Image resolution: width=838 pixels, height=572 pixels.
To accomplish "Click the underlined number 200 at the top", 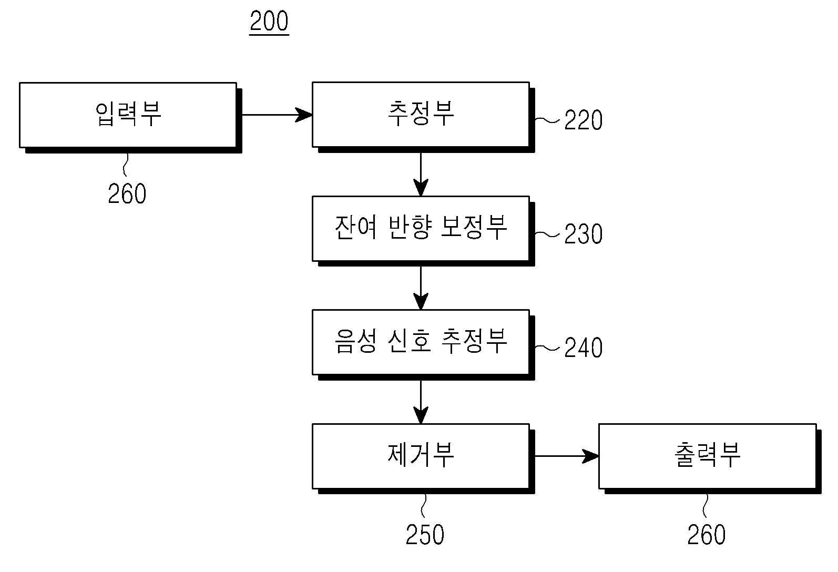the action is click(x=269, y=22).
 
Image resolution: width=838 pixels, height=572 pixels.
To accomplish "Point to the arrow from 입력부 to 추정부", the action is click(x=277, y=115).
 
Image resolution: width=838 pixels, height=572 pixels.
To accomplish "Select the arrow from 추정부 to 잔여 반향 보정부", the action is click(x=421, y=175).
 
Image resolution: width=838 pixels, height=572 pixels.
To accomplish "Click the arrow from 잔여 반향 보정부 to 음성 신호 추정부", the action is click(x=421, y=288).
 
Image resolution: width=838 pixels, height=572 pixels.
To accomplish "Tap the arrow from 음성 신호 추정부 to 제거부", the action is click(x=421, y=402).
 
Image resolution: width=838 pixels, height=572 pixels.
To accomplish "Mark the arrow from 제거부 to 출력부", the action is click(x=567, y=456).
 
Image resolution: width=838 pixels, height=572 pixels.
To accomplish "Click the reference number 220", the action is click(x=583, y=120).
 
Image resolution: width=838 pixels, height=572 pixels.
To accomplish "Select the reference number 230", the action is click(x=583, y=234).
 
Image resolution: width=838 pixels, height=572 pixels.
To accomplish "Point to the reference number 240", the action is click(x=583, y=348).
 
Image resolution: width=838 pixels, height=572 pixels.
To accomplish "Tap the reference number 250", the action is click(x=425, y=535).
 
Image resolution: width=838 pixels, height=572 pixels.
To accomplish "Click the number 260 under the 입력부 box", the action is click(x=127, y=194).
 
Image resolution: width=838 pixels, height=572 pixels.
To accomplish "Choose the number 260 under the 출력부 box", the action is click(x=707, y=535).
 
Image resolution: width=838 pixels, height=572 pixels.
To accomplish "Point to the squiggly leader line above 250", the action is click(x=424, y=506).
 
